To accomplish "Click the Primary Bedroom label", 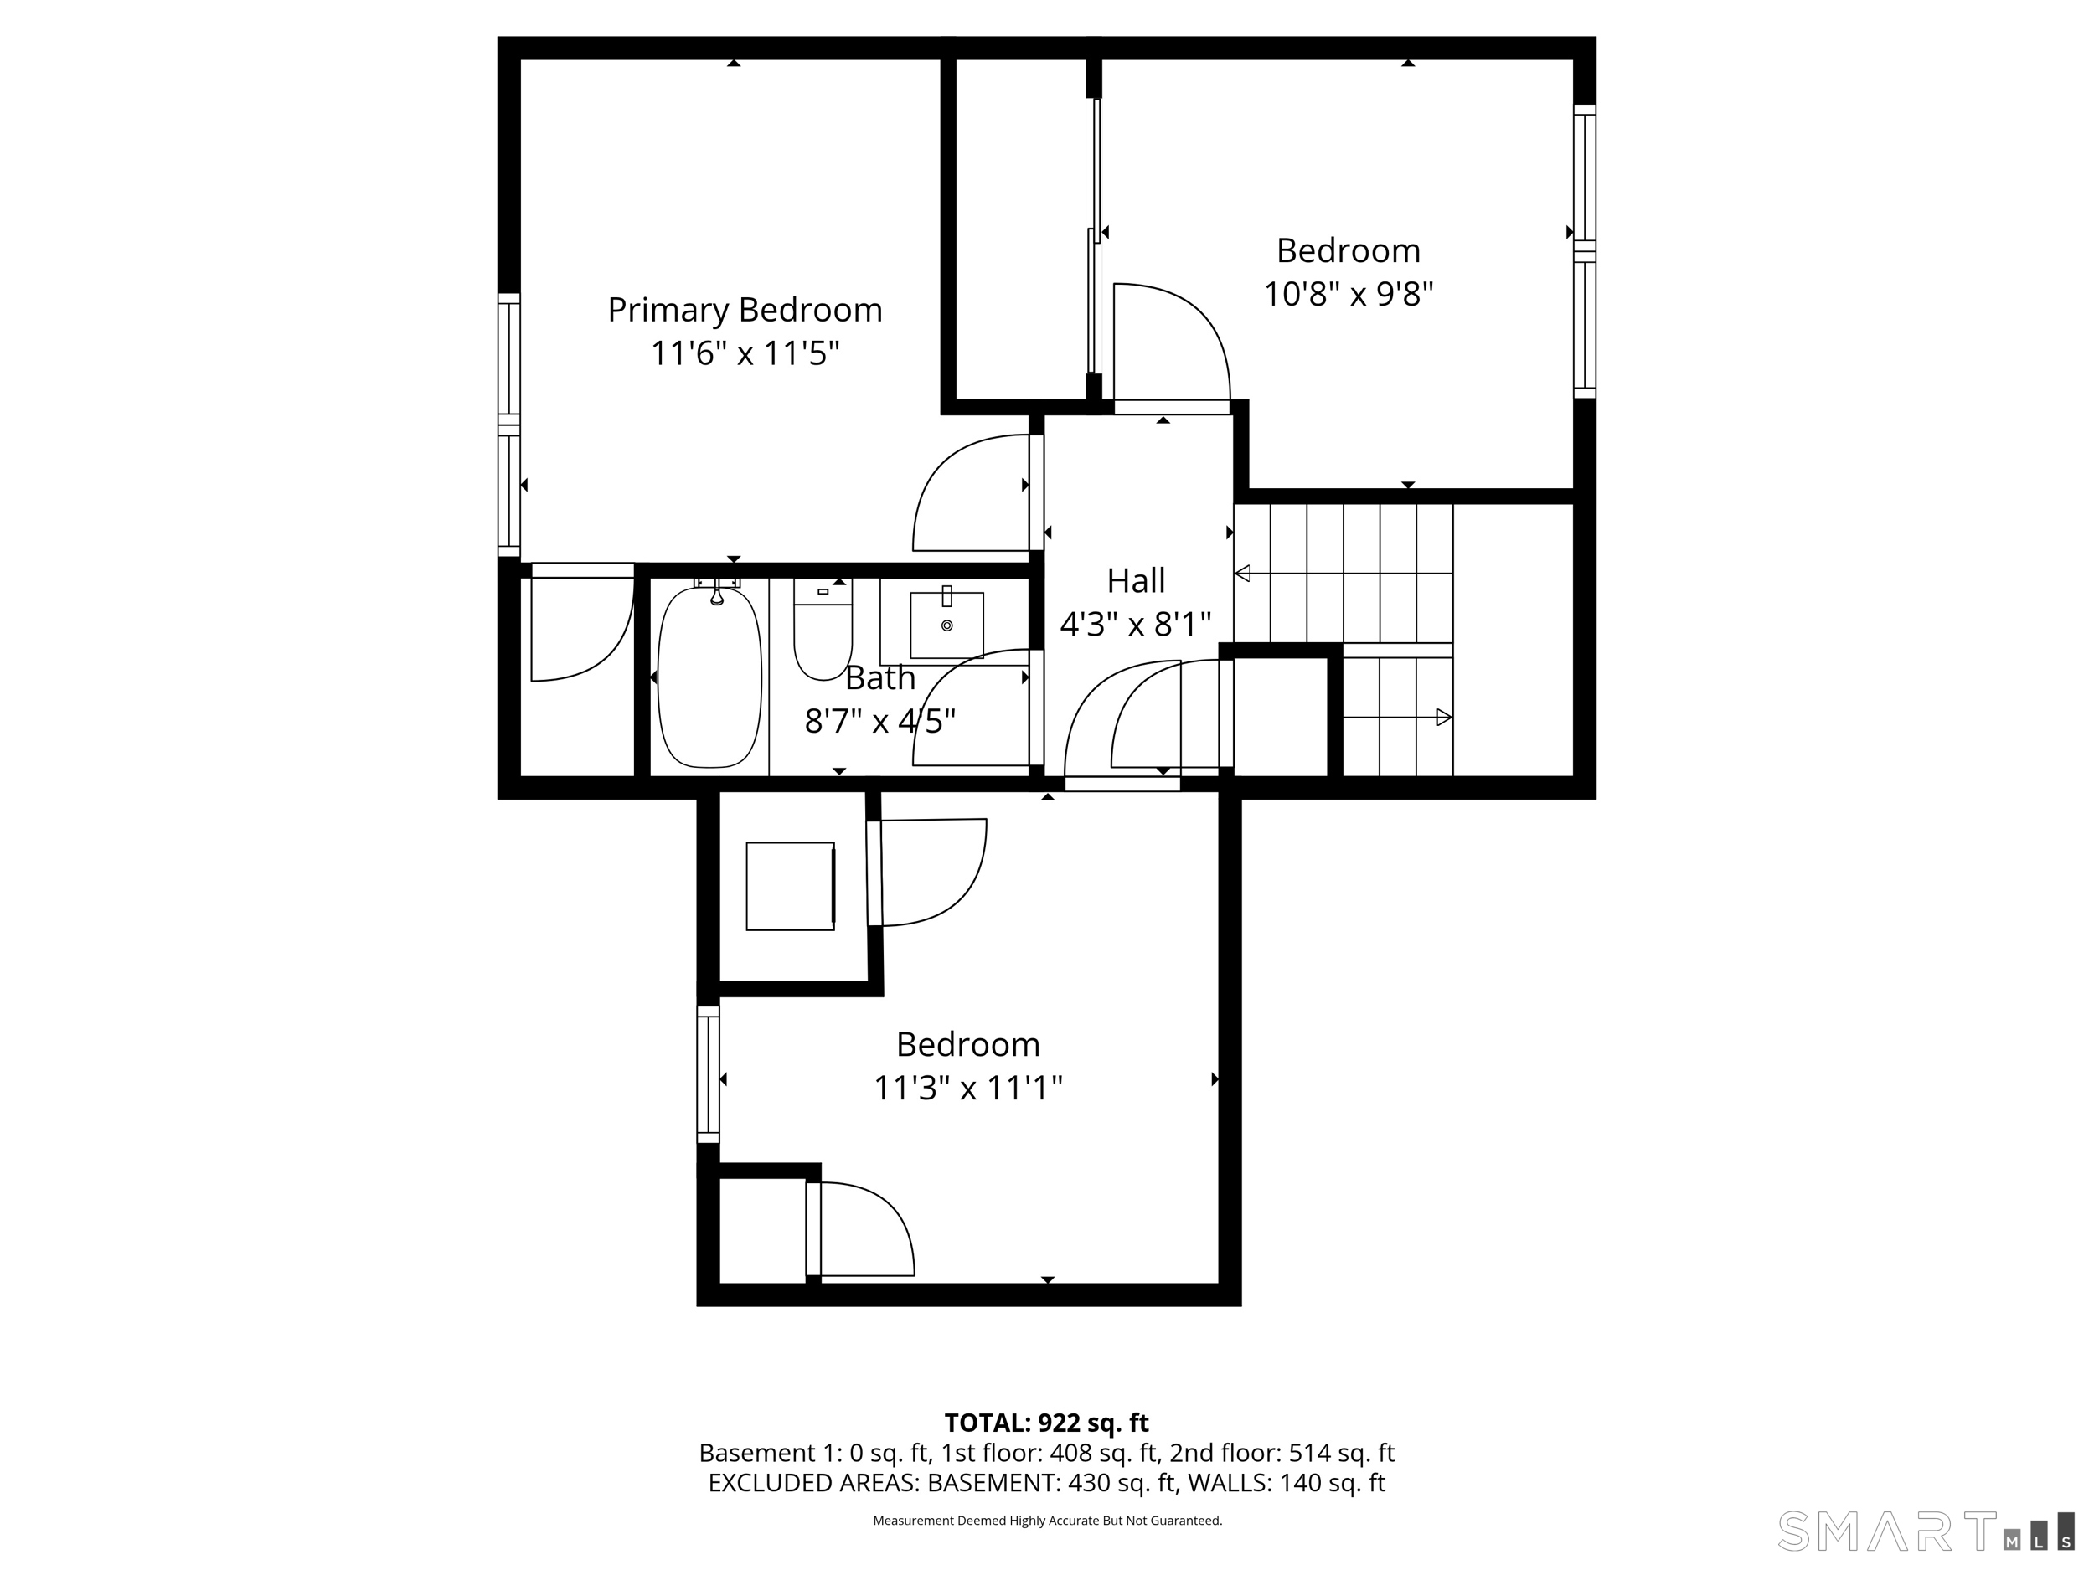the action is click(x=745, y=311).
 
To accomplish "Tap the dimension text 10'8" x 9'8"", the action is click(x=1349, y=294).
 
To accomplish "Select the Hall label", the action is click(x=1136, y=580).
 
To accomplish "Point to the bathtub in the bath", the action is click(x=709, y=677).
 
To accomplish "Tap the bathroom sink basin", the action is click(x=946, y=625).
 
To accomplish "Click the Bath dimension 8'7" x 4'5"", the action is click(x=879, y=722).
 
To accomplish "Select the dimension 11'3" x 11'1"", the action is click(x=967, y=1089).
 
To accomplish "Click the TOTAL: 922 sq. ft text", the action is click(x=1046, y=1423).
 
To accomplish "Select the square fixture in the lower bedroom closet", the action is click(x=791, y=886).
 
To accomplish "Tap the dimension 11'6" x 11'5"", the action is click(x=745, y=354).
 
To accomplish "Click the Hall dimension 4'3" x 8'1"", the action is click(x=1135, y=625).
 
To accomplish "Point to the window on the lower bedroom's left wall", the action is click(x=708, y=1074).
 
